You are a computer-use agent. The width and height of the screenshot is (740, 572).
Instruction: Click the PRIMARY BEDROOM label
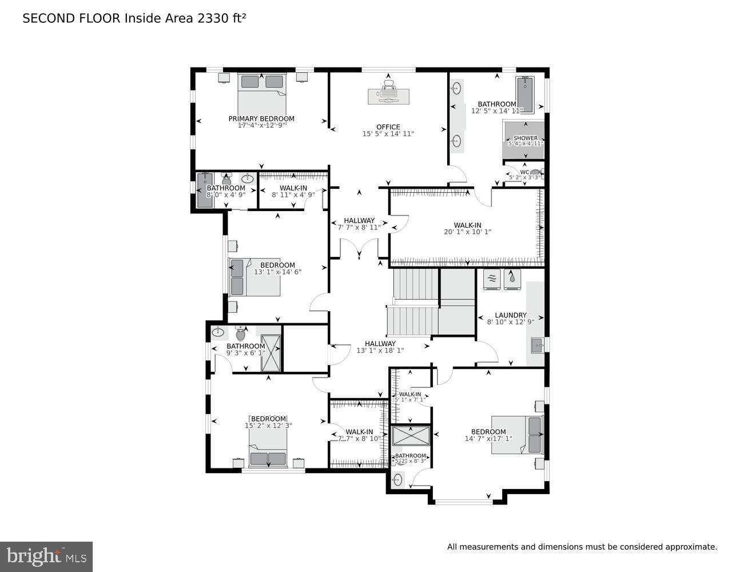(261, 119)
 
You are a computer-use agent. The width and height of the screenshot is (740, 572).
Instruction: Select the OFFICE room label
(388, 127)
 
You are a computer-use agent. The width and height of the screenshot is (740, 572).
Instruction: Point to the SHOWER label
(525, 138)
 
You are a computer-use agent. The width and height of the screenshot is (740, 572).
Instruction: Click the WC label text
(524, 172)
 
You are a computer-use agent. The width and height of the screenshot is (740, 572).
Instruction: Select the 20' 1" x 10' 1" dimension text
(467, 232)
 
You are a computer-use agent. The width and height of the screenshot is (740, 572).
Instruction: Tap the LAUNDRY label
(511, 315)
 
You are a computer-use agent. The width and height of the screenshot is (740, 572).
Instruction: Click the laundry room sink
(536, 345)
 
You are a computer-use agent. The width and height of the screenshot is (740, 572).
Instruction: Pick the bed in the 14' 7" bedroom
(516, 435)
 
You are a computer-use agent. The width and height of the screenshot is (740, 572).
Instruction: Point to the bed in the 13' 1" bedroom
(255, 277)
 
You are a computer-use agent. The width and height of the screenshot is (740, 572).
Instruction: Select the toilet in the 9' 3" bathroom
(240, 333)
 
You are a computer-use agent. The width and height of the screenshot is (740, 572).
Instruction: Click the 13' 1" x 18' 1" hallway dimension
(380, 351)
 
